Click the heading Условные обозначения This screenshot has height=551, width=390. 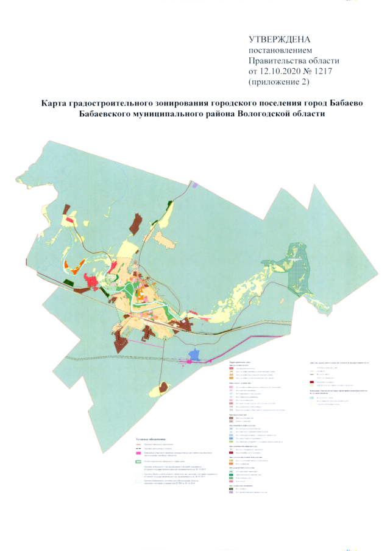(152, 421)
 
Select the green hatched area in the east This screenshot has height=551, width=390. (299, 262)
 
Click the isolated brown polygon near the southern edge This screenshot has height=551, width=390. (162, 388)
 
